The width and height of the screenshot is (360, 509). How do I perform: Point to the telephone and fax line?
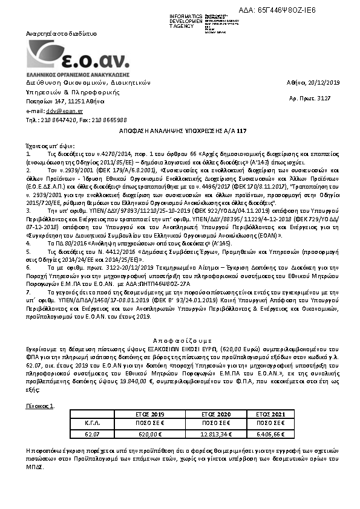76,120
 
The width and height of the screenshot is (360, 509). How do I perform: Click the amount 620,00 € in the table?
149,433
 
